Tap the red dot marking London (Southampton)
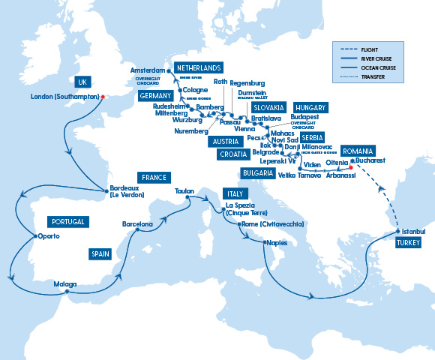(x=103, y=96)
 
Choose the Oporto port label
(x=46, y=237)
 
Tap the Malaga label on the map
(x=65, y=284)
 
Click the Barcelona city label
(x=138, y=224)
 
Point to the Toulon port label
(x=185, y=191)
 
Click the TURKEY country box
(x=409, y=243)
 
